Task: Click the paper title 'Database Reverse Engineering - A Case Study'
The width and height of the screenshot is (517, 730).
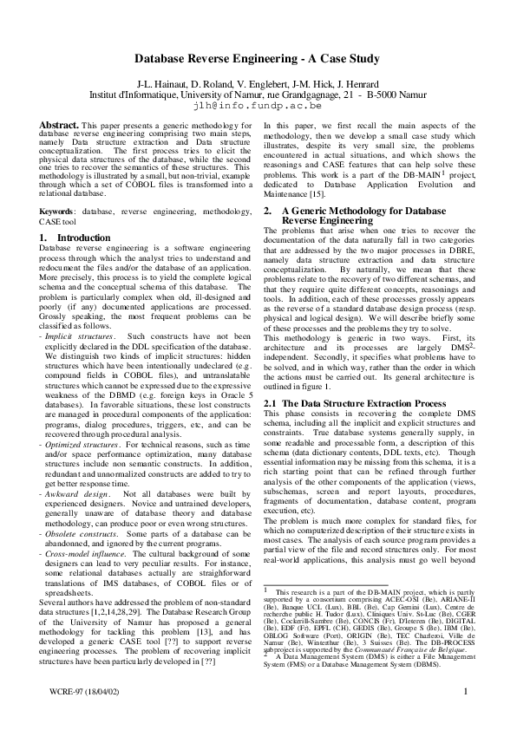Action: pyautogui.click(x=258, y=60)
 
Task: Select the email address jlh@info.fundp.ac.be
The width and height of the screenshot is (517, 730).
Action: pyautogui.click(x=258, y=105)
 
